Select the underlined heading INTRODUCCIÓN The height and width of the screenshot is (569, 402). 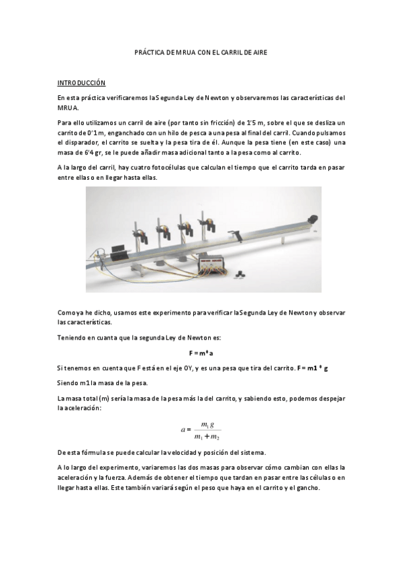81,83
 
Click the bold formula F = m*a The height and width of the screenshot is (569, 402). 201,353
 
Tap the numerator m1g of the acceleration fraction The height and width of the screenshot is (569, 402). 208,424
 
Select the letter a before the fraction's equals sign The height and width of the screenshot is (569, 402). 183,429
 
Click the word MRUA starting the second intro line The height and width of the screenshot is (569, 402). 68,107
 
